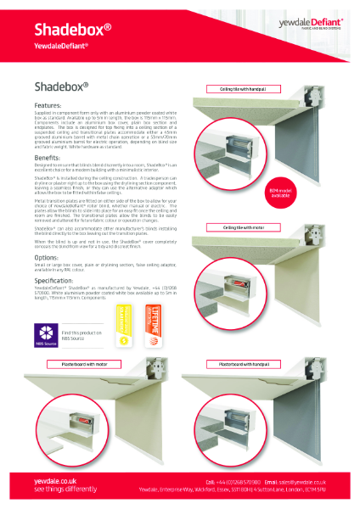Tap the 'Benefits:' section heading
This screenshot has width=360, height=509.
click(x=48, y=158)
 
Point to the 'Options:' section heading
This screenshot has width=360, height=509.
click(x=48, y=256)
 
